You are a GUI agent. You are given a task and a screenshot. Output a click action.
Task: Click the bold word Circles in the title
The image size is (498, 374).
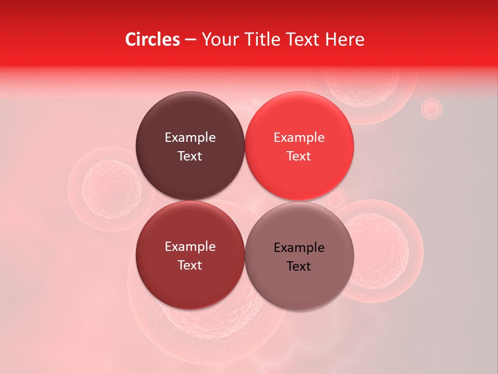(x=152, y=39)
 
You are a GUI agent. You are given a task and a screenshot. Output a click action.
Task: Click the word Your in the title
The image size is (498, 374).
(x=218, y=39)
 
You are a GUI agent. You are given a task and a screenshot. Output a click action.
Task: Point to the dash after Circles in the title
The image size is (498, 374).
(x=190, y=40)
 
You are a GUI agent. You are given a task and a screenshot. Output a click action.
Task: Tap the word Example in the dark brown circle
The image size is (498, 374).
(x=190, y=137)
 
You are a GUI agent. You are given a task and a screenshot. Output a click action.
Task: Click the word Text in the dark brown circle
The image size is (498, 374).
(x=190, y=156)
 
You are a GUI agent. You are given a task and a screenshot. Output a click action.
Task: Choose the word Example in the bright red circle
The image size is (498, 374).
(x=299, y=137)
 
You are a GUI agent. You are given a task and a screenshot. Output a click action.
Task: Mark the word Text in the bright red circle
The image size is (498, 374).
(x=299, y=156)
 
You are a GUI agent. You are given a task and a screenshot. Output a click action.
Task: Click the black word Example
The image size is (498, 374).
(x=299, y=247)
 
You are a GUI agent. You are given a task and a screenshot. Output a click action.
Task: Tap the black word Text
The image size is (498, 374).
(x=299, y=266)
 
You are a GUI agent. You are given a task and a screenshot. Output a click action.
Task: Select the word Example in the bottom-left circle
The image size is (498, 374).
(x=190, y=246)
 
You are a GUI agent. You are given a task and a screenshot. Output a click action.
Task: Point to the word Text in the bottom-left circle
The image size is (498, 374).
(x=190, y=265)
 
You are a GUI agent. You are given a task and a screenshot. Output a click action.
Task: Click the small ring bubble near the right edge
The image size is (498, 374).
(x=431, y=109)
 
